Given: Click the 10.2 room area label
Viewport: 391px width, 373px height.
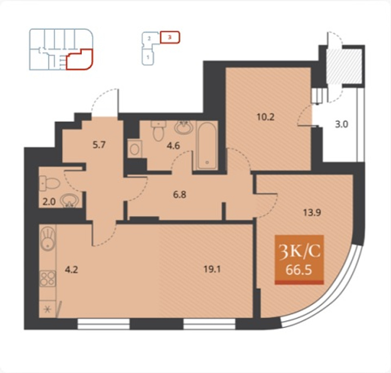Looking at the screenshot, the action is tap(265, 117).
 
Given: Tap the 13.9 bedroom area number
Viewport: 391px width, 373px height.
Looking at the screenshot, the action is tap(312, 213).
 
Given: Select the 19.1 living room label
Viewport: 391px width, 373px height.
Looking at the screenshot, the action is tap(212, 269).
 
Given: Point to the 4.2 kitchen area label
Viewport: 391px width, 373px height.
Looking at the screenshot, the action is tap(71, 270).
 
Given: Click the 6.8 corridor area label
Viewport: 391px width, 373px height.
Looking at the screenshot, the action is tap(179, 195).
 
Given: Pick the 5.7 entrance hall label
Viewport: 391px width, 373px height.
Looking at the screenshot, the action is tap(99, 145).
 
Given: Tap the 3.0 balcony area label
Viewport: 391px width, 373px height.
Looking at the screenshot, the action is tap(341, 124).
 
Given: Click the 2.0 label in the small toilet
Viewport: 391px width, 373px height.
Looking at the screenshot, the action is tap(49, 201).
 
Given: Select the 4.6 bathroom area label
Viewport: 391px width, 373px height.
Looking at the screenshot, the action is tap(174, 145).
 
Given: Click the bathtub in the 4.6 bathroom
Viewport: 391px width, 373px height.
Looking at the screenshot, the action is tap(207, 145).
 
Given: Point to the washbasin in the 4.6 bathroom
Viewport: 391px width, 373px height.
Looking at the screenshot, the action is tap(183, 127).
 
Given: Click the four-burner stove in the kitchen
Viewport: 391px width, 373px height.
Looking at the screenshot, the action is tap(47, 279).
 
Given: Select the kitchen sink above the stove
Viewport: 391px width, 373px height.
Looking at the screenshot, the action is tap(47, 238).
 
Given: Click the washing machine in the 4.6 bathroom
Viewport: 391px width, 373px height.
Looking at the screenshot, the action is tap(135, 149).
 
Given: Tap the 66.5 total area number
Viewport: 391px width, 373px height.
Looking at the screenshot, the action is tap(299, 269).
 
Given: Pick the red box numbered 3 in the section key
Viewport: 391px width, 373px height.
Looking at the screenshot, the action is tap(170, 37).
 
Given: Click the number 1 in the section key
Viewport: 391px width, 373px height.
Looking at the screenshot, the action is tap(148, 57).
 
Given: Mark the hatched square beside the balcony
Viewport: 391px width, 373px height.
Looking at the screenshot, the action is tap(344, 66).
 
